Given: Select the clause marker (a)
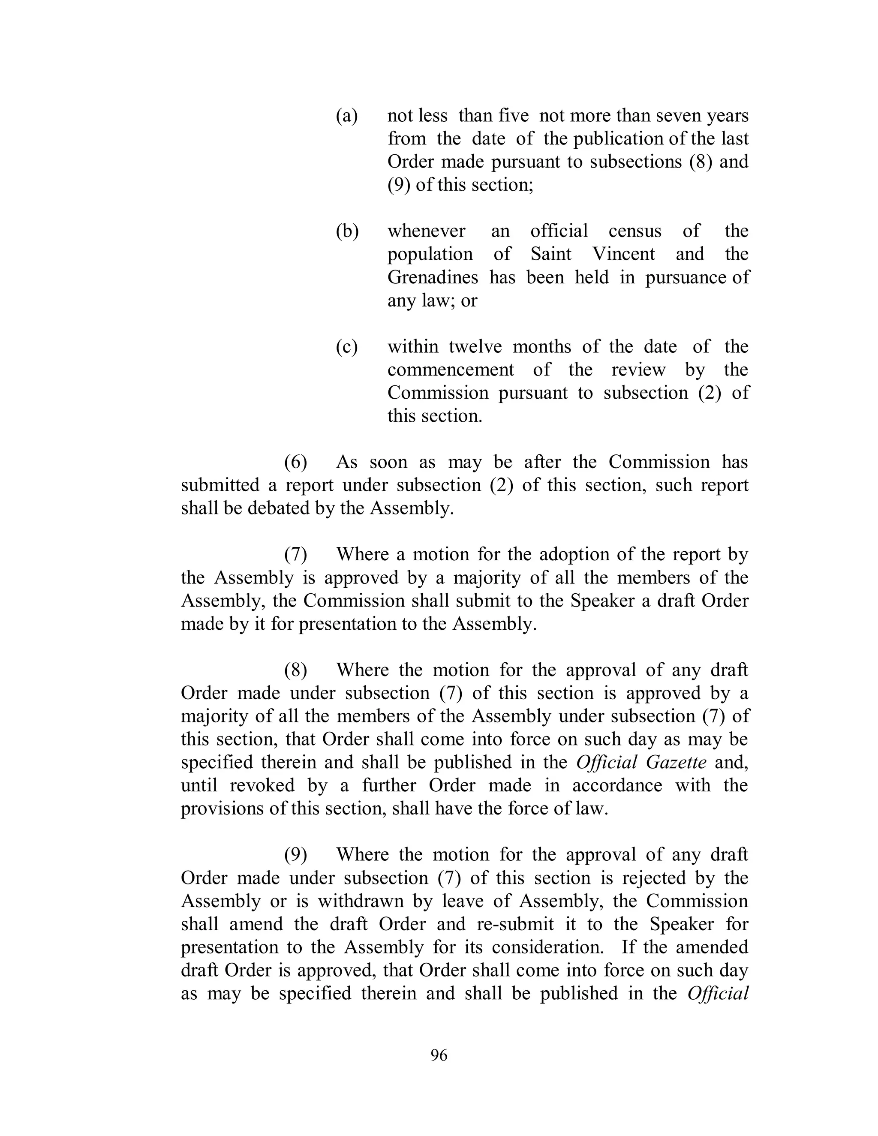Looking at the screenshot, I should pyautogui.click(x=347, y=115).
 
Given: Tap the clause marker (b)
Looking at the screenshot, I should pyautogui.click(x=347, y=231).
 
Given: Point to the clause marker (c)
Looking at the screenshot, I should pyautogui.click(x=347, y=346).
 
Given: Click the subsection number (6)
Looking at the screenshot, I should pyautogui.click(x=295, y=462).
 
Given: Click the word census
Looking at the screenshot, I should pyautogui.click(x=634, y=231).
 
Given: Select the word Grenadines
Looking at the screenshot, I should pyautogui.click(x=433, y=277).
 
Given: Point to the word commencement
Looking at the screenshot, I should pyautogui.click(x=451, y=370).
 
